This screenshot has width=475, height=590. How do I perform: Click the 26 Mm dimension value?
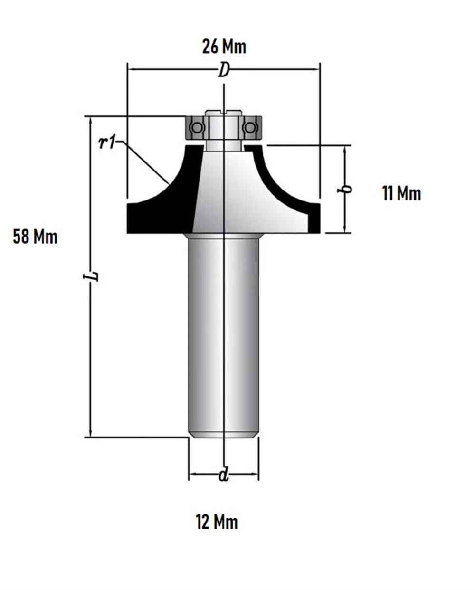[x=224, y=47]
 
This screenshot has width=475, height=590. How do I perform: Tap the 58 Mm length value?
[x=35, y=237]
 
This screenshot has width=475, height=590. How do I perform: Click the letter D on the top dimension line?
[x=224, y=70]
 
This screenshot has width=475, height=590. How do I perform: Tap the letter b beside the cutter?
[x=344, y=189]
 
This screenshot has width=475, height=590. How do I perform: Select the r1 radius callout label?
[x=107, y=143]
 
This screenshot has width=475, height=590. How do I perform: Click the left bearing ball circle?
[x=196, y=127]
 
